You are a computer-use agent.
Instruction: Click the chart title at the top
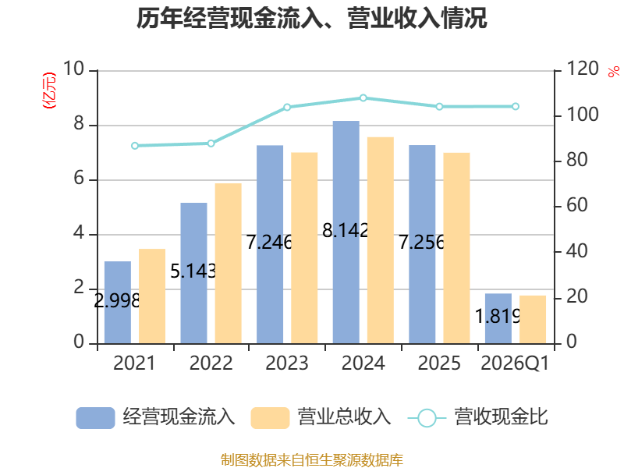pyautogui.click(x=311, y=18)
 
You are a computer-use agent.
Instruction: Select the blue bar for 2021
pyautogui.click(x=118, y=303)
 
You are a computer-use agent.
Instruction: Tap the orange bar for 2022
pyautogui.click(x=228, y=264)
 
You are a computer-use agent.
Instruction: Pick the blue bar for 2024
pyautogui.click(x=346, y=232)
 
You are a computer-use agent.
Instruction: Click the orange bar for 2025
pyautogui.click(x=456, y=248)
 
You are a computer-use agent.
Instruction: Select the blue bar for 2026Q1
pyautogui.click(x=498, y=318)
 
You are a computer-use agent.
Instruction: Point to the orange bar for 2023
pyautogui.click(x=304, y=248)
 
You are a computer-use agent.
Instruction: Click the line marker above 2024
pyautogui.click(x=363, y=98)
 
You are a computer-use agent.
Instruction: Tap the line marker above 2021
pyautogui.click(x=135, y=146)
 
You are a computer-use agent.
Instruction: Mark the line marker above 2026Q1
pyautogui.click(x=516, y=106)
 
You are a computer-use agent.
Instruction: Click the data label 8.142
pyautogui.click(x=346, y=230)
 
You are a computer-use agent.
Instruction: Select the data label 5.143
pyautogui.click(x=193, y=271)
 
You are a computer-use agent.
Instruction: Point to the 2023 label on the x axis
pyautogui.click(x=287, y=363)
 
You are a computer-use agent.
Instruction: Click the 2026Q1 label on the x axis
pyautogui.click(x=515, y=363)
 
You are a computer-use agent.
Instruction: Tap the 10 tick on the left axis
pyautogui.click(x=73, y=69)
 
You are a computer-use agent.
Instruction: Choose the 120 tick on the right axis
pyautogui.click(x=582, y=69)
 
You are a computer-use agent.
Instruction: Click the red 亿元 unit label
pyautogui.click(x=49, y=90)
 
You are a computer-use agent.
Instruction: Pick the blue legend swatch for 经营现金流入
pyautogui.click(x=95, y=418)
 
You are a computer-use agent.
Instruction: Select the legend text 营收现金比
pyautogui.click(x=502, y=417)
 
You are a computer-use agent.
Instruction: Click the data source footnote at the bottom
pyautogui.click(x=311, y=460)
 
